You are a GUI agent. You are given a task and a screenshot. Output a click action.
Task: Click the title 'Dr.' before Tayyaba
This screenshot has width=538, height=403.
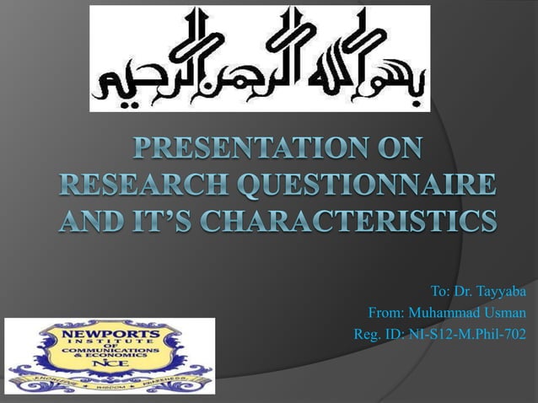(464, 292)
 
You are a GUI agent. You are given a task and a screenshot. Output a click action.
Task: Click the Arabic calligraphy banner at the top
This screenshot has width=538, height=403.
(260, 58)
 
